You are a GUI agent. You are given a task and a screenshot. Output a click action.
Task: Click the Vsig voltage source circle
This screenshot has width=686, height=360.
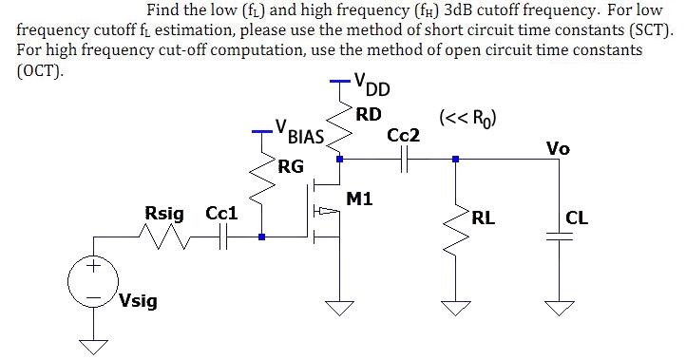pyautogui.click(x=94, y=281)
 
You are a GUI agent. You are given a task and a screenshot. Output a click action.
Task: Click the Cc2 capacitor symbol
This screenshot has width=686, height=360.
pyautogui.click(x=405, y=161)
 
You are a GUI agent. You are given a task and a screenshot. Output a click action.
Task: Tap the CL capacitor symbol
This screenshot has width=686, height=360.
pyautogui.click(x=561, y=238)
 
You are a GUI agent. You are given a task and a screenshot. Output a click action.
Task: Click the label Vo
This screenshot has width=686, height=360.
pyautogui.click(x=558, y=148)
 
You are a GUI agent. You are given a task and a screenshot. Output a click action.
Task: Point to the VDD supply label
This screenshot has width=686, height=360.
pyautogui.click(x=371, y=89)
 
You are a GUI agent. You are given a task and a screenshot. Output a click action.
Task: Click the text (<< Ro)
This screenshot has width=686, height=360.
pyautogui.click(x=468, y=119)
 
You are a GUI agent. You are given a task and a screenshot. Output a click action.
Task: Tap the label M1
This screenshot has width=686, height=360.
pyautogui.click(x=361, y=199)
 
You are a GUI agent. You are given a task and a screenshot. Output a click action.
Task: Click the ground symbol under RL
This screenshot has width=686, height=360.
pyautogui.click(x=456, y=305)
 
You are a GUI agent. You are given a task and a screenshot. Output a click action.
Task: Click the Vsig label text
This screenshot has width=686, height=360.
pyautogui.click(x=139, y=302)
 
